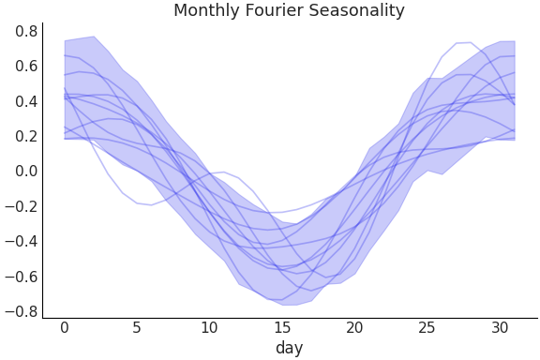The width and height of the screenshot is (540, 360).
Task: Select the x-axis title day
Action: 289,348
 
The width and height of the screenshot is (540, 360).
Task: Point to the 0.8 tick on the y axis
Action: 26,31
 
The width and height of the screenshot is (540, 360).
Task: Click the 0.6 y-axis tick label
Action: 26,66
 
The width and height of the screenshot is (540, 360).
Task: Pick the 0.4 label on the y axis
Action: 26,101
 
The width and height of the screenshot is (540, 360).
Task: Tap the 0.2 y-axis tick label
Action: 26,136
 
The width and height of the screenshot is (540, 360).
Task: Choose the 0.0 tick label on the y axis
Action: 26,171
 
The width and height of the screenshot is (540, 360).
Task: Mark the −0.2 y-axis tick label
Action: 22,206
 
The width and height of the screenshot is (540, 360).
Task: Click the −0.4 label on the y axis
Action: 22,241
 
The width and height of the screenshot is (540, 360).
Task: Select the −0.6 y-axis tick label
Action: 22,277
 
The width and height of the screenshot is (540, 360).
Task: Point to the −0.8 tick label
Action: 22,311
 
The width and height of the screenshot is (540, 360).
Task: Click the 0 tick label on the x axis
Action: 64,327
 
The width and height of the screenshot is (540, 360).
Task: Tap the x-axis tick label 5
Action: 137,327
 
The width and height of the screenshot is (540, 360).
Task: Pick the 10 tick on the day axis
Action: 209,327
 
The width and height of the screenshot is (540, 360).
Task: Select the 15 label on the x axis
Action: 282,327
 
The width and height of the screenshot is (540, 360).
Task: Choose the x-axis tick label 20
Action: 354,327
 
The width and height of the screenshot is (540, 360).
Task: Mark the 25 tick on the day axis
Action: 427,327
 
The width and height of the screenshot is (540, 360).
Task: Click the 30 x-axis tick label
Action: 500,327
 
